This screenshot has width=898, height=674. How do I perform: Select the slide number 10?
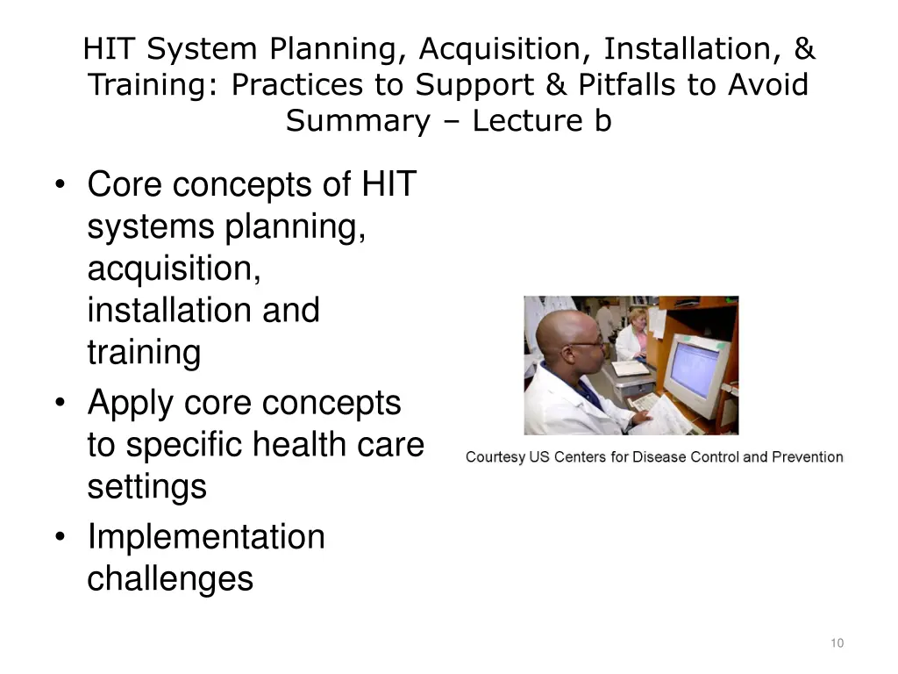tap(837, 643)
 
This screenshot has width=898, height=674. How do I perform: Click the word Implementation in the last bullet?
tap(206, 536)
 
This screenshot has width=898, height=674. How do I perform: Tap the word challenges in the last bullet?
tap(170, 578)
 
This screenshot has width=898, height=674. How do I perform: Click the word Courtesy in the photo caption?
tap(496, 457)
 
